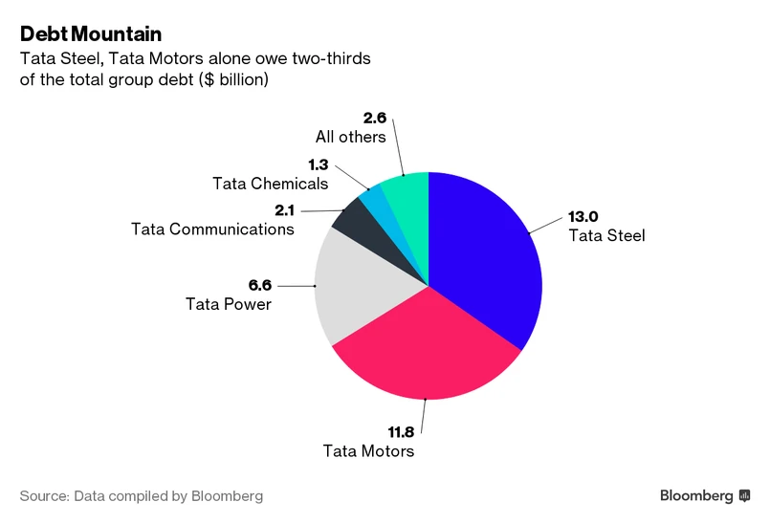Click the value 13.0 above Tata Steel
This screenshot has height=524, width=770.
pos(583,216)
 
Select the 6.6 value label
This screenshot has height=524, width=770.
pos(260,285)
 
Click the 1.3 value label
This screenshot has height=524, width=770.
pos(319,165)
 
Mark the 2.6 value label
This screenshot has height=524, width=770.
pos(375,119)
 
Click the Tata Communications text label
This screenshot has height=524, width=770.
pos(211,229)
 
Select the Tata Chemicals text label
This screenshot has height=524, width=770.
pos(271,184)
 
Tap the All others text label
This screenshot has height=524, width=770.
pos(350,137)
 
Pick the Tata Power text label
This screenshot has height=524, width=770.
pos(228,304)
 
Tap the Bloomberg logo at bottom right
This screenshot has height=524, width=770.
pos(704,495)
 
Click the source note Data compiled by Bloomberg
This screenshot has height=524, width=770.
pos(141,496)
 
